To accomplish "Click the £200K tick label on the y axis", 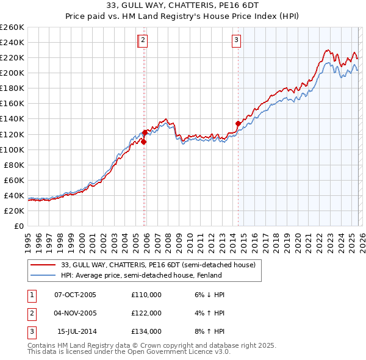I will click(x=12, y=73).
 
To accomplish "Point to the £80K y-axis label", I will click(x=13, y=165).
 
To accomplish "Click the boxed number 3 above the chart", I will click(x=235, y=41).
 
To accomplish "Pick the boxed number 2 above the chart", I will click(x=143, y=41).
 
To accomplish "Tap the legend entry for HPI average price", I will click(x=142, y=275).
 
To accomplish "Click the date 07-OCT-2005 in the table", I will click(x=76, y=295).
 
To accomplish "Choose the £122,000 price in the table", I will click(x=146, y=313).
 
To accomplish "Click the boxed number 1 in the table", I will click(x=32, y=295).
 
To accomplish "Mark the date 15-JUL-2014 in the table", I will click(x=77, y=331).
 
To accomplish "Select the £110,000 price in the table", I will click(x=146, y=295).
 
